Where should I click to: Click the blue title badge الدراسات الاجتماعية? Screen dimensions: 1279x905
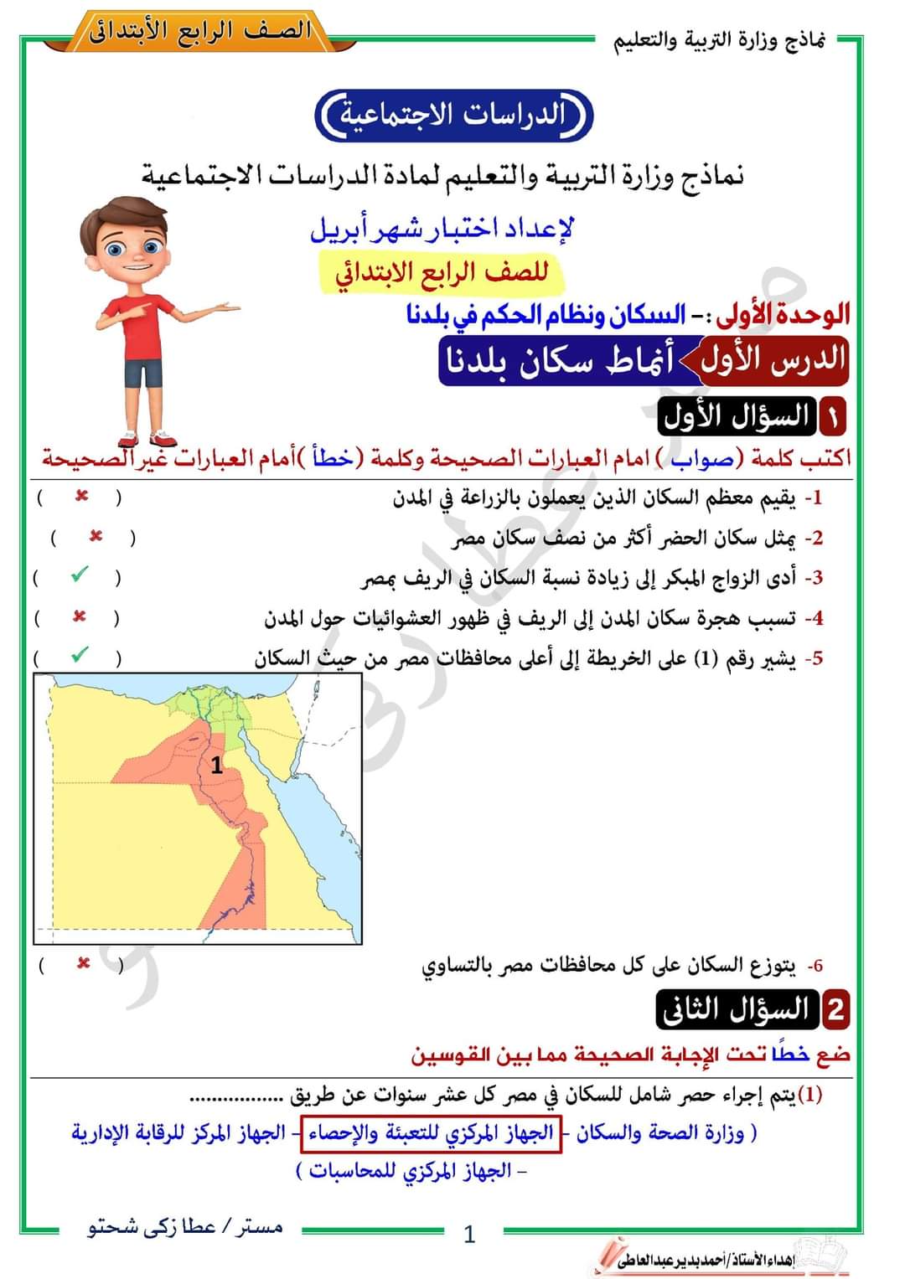coord(453,116)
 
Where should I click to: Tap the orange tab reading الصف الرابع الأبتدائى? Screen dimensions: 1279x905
coord(200,32)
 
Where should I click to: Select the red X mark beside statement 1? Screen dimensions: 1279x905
coord(81,497)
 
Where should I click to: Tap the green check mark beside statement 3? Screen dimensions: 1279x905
coord(79,575)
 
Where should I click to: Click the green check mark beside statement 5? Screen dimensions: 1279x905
coord(79,655)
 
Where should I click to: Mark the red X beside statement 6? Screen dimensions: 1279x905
coord(83,963)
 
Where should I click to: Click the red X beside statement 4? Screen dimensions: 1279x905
coord(80,617)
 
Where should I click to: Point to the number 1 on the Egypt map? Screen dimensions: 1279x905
coord(217,765)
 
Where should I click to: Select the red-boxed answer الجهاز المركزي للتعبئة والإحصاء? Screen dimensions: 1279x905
coord(431,1133)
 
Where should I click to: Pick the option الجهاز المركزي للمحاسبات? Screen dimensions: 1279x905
coord(410,1171)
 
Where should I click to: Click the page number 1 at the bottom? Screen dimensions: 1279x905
coord(469,1234)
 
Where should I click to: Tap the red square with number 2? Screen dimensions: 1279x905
coord(835,1009)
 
